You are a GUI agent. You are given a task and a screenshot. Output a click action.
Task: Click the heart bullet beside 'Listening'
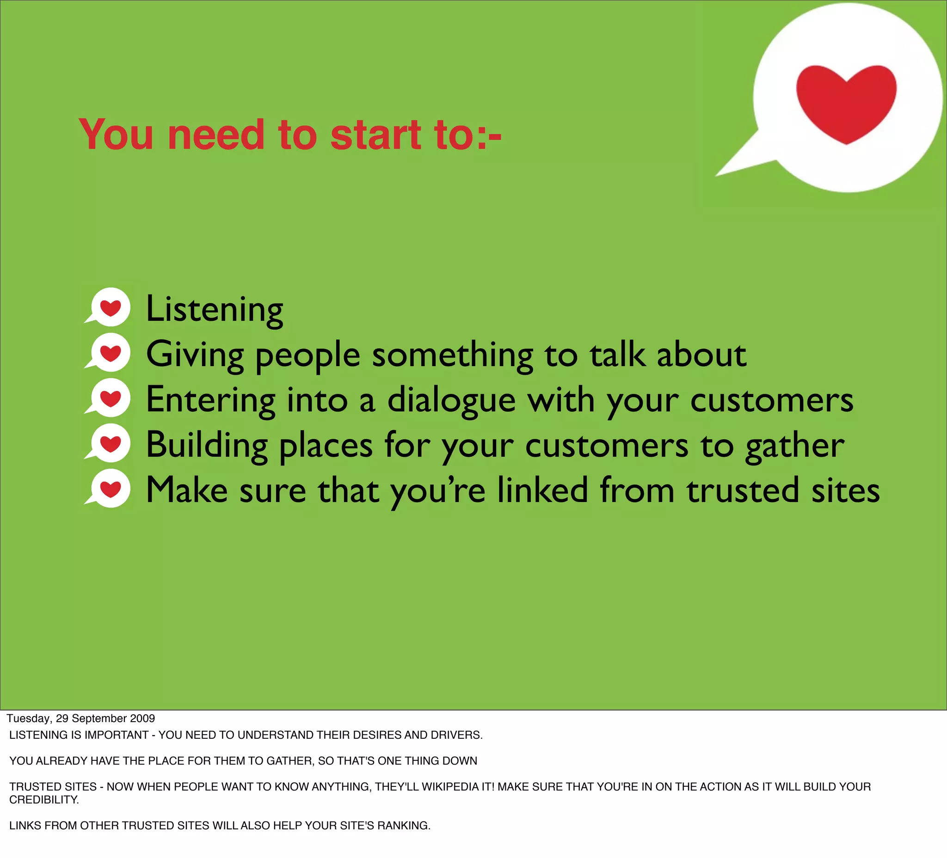click(110, 307)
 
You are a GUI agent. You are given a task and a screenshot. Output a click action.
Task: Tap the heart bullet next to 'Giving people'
click(110, 353)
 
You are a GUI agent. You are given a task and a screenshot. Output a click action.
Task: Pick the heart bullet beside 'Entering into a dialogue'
click(110, 398)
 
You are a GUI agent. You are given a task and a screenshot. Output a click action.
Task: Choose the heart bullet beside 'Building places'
click(110, 443)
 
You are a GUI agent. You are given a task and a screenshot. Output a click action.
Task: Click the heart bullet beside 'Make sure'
click(110, 489)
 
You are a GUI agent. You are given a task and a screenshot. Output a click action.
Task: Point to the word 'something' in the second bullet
click(452, 355)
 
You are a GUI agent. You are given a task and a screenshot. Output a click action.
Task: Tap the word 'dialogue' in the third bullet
click(451, 400)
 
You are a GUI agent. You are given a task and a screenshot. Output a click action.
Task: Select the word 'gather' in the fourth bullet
click(794, 446)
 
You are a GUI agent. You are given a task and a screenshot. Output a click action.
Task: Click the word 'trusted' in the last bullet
click(742, 490)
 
